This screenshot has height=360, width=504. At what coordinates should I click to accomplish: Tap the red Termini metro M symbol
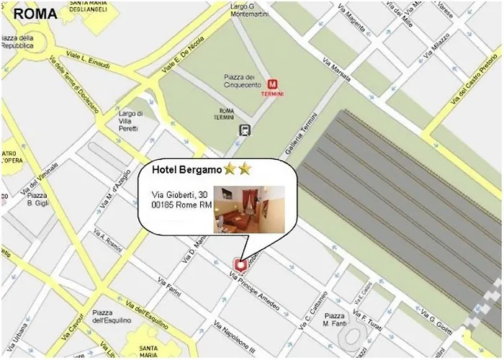[x=271, y=84]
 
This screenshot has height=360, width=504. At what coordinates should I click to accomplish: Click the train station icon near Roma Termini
[x=246, y=130]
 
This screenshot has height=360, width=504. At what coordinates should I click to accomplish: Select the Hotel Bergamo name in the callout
[x=187, y=169]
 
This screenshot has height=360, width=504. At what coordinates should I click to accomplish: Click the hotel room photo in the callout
[x=248, y=210]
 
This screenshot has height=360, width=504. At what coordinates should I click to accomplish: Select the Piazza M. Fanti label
[x=335, y=320]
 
